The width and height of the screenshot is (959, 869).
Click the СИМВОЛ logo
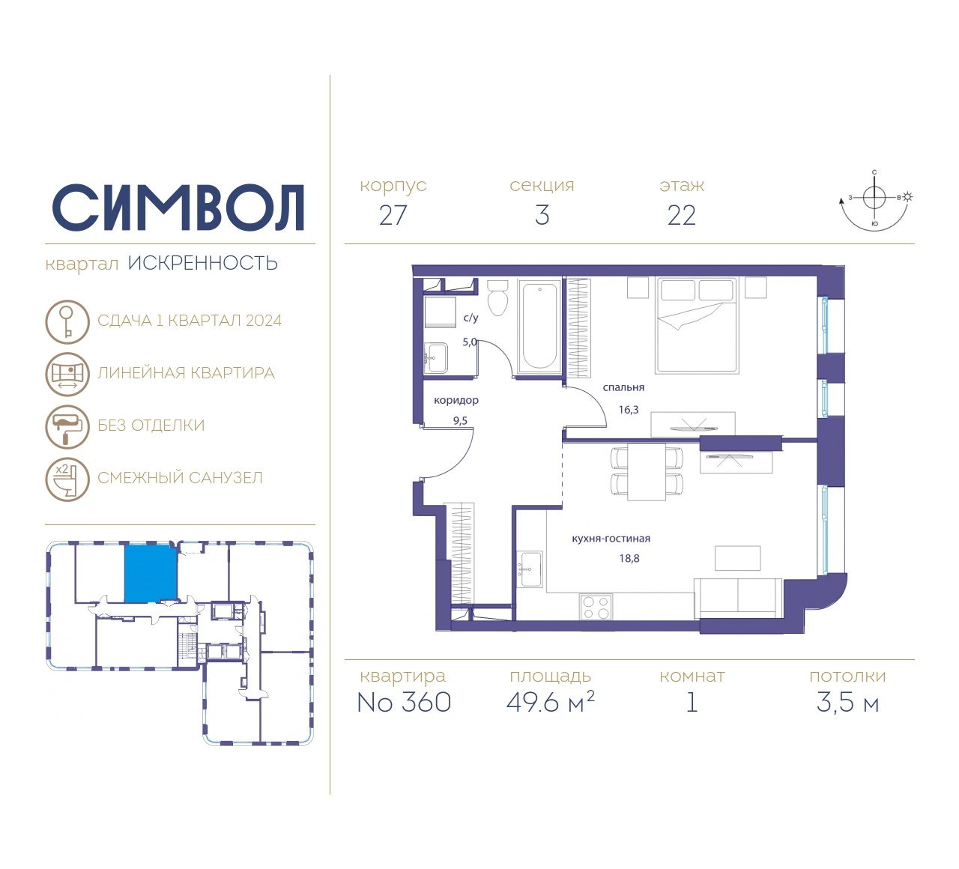(178, 208)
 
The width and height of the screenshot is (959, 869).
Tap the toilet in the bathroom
(497, 298)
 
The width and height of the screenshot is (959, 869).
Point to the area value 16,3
(628, 410)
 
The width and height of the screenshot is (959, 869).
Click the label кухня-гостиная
(611, 539)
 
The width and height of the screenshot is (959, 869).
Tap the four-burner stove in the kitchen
(596, 607)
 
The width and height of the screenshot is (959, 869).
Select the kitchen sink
(530, 569)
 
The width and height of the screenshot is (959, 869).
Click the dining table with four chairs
(647, 472)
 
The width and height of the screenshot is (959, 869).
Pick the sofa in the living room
(738, 599)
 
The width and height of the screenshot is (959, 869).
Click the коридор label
(456, 401)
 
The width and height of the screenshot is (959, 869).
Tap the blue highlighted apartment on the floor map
(151, 573)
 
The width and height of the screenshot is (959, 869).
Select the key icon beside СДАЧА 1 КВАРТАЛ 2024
(67, 321)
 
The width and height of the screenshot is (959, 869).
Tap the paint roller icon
(67, 427)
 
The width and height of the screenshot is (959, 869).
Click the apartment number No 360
(404, 702)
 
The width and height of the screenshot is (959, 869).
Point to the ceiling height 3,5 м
(847, 703)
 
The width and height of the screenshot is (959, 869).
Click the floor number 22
(681, 215)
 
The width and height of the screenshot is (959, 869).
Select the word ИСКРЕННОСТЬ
(203, 264)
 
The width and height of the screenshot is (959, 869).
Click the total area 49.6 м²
(550, 702)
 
